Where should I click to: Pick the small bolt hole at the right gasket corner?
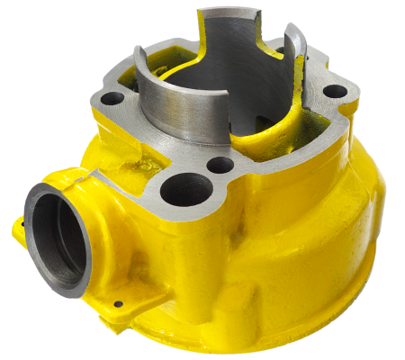(332, 92)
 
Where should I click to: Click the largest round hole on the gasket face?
(187, 189)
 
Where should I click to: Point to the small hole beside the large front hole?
(220, 166)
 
